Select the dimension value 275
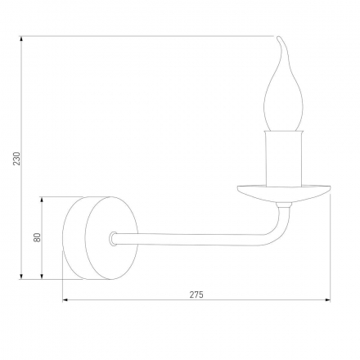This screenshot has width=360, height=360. pos(196,293)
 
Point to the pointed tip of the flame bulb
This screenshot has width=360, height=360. pos(280,38)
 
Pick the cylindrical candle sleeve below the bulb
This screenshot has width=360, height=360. pos(285,160)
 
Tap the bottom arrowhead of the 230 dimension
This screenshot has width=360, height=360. pos(22,276)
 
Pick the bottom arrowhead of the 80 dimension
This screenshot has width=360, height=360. pos(43,276)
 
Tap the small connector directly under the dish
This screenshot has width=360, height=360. pos(284,205)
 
